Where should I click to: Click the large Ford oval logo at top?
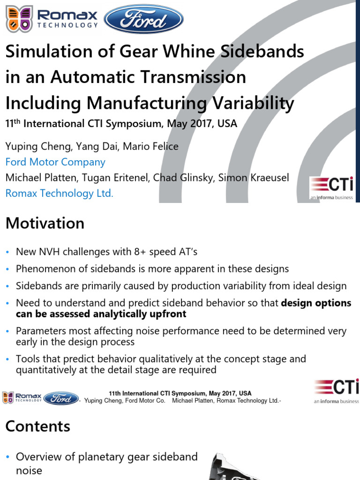click(x=143, y=19)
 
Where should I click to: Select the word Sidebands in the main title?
click(x=261, y=52)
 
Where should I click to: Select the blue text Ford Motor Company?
click(x=55, y=162)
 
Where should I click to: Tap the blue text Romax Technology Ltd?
click(x=59, y=193)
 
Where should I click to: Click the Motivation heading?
click(x=45, y=223)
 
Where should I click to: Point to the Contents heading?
click(x=37, y=426)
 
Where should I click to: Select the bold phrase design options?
click(x=315, y=303)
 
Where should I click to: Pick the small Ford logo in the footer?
click(x=61, y=398)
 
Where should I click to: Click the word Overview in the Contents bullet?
click(x=40, y=457)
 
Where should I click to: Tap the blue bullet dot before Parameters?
click(x=8, y=331)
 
